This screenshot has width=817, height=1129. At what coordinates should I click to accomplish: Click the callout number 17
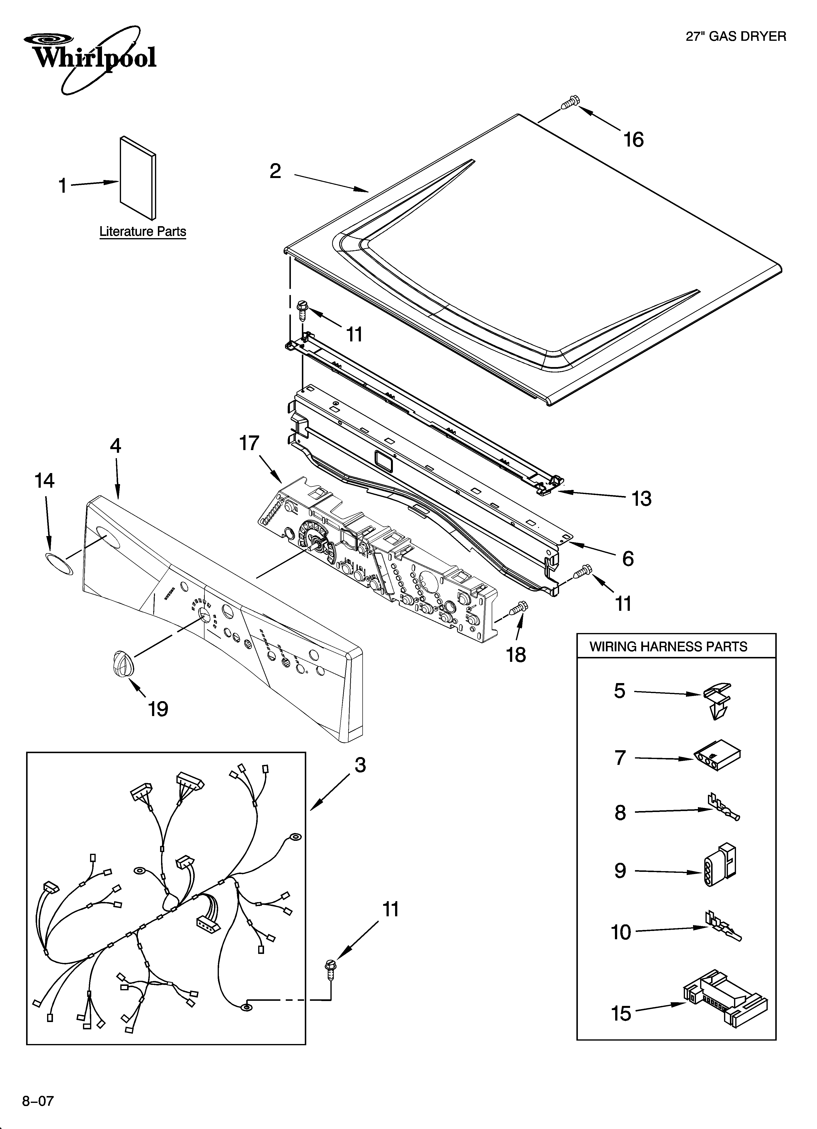[249, 443]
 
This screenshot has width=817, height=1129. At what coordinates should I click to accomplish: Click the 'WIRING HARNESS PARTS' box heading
[668, 647]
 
